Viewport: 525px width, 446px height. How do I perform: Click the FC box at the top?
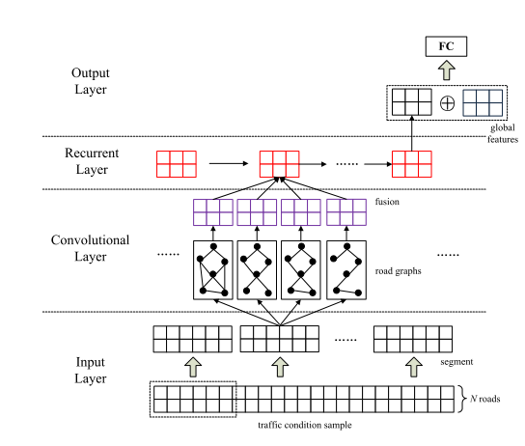click(x=446, y=46)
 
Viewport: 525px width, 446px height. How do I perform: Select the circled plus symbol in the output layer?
click(x=447, y=102)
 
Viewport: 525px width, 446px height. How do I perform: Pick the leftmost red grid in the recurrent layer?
click(x=176, y=162)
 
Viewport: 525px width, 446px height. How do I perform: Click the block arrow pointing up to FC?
click(x=446, y=71)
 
